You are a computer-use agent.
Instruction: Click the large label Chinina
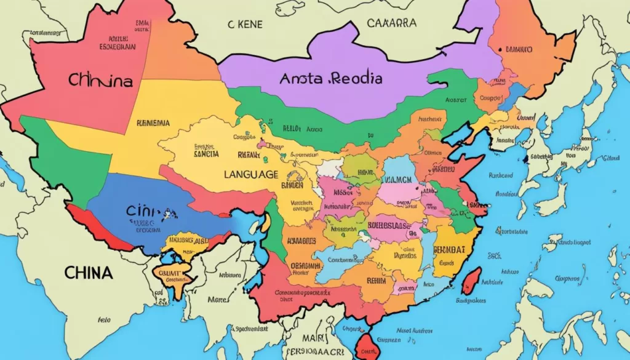[x=101, y=81]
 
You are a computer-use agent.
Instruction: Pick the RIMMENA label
[x=153, y=123]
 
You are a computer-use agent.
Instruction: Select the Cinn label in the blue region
[x=143, y=211]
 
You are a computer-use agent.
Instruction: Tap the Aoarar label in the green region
[x=456, y=98]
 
